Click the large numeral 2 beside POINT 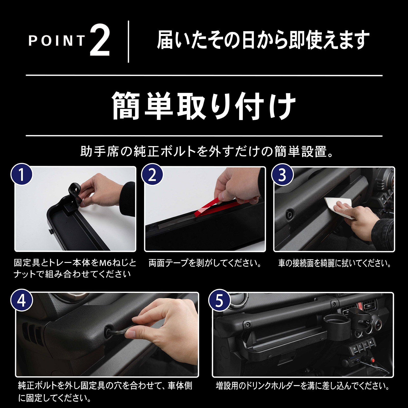[x=100, y=40]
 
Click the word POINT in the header [x=57, y=41]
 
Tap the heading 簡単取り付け [x=204, y=106]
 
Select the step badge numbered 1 [x=22, y=174]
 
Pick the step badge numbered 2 [x=152, y=174]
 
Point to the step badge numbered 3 [x=282, y=174]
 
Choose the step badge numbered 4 [x=22, y=300]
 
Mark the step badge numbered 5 [x=220, y=300]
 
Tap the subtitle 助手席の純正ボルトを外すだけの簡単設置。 [x=207, y=151]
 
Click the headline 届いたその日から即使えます [x=263, y=40]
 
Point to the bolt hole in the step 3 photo [x=289, y=215]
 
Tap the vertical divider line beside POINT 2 [x=128, y=42]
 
